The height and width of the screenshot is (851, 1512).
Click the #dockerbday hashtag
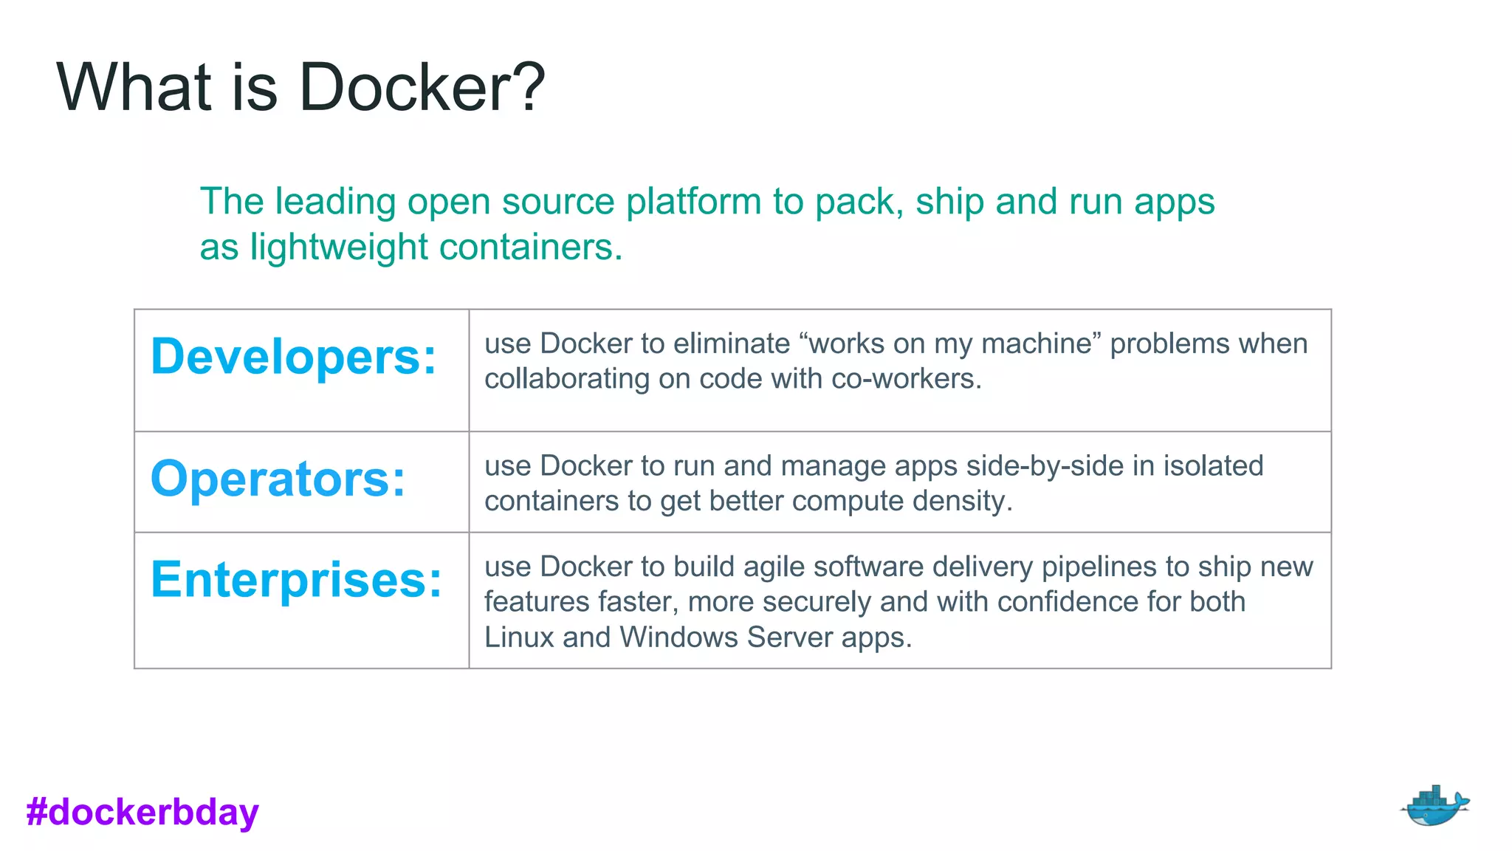pos(142,812)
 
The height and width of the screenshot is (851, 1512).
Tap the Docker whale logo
pos(1434,806)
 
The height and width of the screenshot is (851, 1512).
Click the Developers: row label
pos(294,357)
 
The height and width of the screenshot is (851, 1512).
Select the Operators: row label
pos(278,479)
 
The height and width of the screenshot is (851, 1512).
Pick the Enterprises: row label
pos(296,580)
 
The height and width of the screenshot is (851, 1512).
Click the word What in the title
pos(134,87)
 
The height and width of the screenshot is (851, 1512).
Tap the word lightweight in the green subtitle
pos(338,247)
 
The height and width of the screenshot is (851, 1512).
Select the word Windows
pos(678,638)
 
